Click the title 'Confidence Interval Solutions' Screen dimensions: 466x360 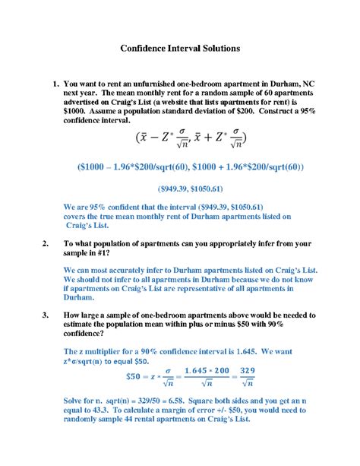pyautogui.click(x=180, y=47)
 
